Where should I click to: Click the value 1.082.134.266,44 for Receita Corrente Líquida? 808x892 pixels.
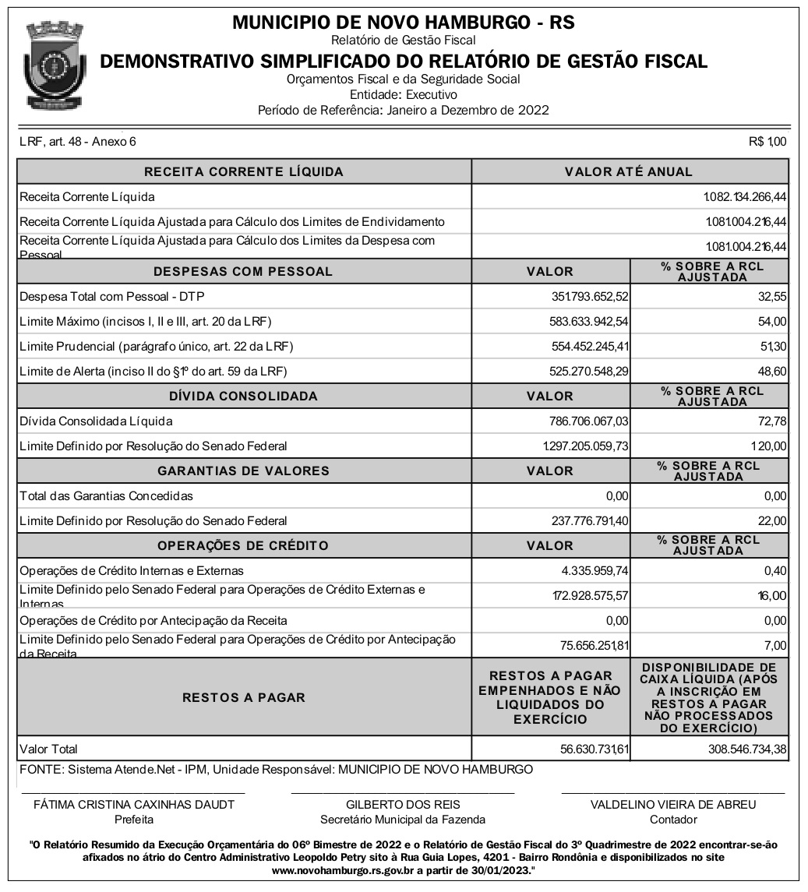pos(745,197)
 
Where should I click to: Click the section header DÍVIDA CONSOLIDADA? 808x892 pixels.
pos(243,396)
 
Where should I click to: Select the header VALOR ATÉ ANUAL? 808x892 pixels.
pos(629,171)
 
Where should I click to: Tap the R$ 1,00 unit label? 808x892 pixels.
pos(767,142)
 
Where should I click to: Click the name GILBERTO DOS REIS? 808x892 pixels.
pos(403,805)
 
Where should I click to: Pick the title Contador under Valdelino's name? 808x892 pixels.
pos(673,820)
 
